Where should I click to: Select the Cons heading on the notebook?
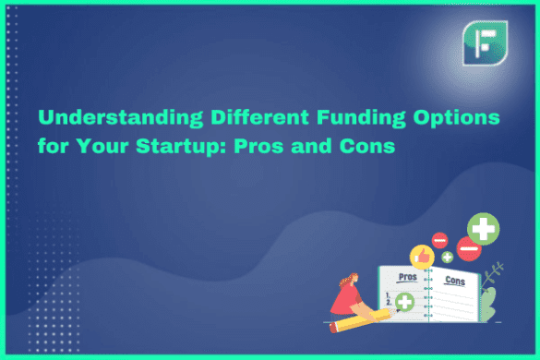click(454, 280)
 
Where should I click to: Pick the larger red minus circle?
click(470, 249)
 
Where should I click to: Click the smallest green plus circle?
click(447, 257)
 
